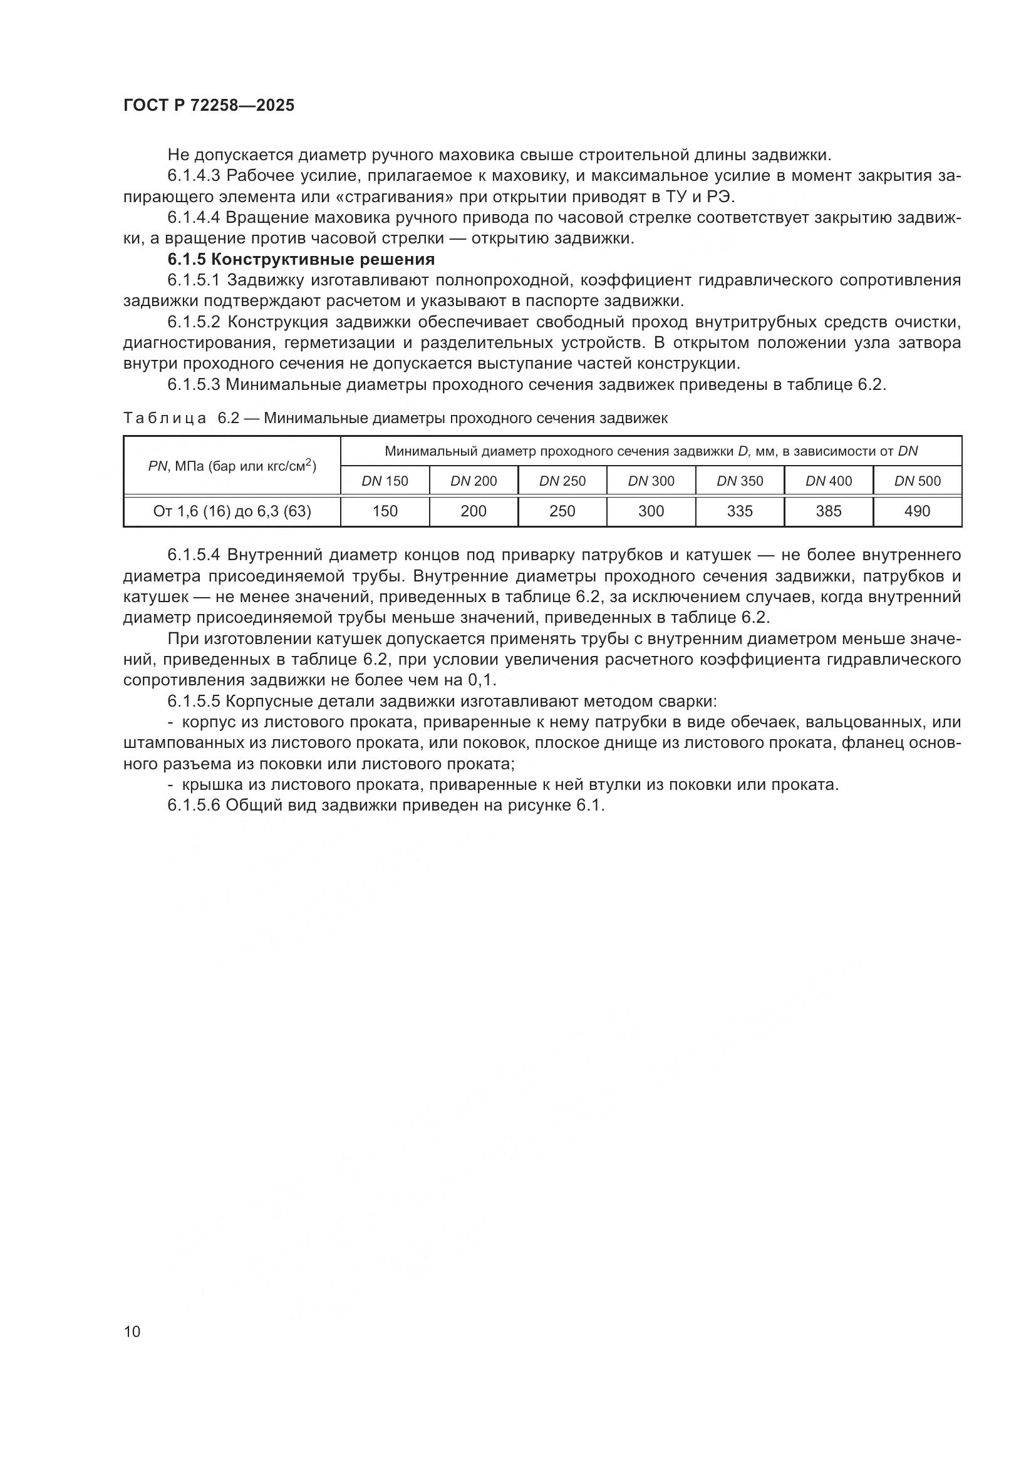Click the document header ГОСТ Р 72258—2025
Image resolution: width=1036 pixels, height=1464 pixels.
tap(209, 106)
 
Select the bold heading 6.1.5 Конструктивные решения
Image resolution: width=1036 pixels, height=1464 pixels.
tap(301, 260)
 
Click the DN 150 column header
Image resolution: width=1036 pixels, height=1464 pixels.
tap(385, 481)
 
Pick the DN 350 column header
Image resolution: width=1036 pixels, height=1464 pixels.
tap(739, 481)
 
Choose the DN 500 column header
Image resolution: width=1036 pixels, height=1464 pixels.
tap(917, 481)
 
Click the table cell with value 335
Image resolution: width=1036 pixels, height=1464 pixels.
tap(739, 511)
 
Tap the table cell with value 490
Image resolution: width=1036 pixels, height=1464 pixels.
tap(917, 511)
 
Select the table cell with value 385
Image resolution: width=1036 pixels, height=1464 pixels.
tap(828, 511)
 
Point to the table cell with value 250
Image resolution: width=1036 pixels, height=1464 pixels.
tap(562, 511)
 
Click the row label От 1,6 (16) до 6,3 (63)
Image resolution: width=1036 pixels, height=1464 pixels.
tap(232, 511)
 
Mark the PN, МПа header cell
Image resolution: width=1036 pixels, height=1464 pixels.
tap(232, 466)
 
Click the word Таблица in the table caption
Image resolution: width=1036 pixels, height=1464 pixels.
tap(165, 418)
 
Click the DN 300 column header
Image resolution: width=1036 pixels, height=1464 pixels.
tap(651, 481)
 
